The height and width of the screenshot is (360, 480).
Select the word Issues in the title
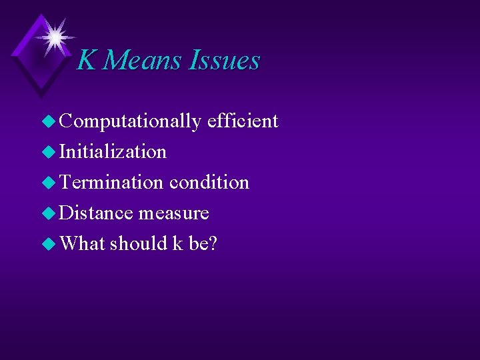pos(225,61)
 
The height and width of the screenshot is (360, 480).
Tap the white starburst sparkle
pos(54,35)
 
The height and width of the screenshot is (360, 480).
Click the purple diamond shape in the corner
pos(33,63)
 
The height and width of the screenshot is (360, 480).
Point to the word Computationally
pos(130,121)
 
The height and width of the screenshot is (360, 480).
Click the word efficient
pos(243,121)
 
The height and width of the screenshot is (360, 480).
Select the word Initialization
pos(113,151)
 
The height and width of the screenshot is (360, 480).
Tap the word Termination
pos(111,182)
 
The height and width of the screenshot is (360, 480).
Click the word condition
pos(209,182)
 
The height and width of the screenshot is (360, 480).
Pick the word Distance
pos(96,213)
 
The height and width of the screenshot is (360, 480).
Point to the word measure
pos(174,213)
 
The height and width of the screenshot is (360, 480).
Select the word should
pos(138,243)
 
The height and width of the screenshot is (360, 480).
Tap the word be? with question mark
pos(203,243)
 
